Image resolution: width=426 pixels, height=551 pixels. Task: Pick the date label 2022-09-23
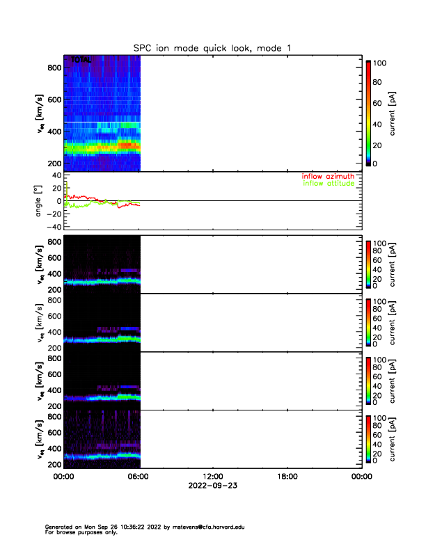click(x=212, y=486)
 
